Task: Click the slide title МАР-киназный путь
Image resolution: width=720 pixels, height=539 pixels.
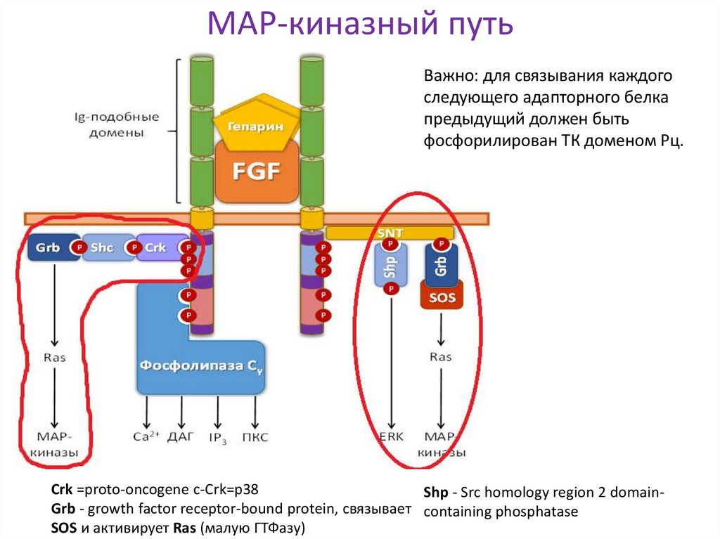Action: pyautogui.click(x=359, y=26)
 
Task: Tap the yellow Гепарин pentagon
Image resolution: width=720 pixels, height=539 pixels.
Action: pyautogui.click(x=255, y=126)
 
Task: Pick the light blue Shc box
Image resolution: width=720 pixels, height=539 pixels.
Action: pyautogui.click(x=105, y=248)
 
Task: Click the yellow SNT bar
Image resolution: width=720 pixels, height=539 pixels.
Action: pyautogui.click(x=389, y=233)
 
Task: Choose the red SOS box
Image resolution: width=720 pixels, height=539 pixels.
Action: pyautogui.click(x=441, y=297)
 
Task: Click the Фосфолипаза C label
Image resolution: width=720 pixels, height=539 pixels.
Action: pyautogui.click(x=200, y=366)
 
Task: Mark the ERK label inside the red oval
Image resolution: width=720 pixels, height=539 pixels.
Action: pyautogui.click(x=392, y=436)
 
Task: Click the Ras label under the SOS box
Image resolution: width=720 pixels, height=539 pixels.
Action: pyautogui.click(x=440, y=357)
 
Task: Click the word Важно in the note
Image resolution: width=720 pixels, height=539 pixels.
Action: pyautogui.click(x=447, y=76)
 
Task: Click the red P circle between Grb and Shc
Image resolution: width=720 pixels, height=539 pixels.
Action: pyautogui.click(x=80, y=248)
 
